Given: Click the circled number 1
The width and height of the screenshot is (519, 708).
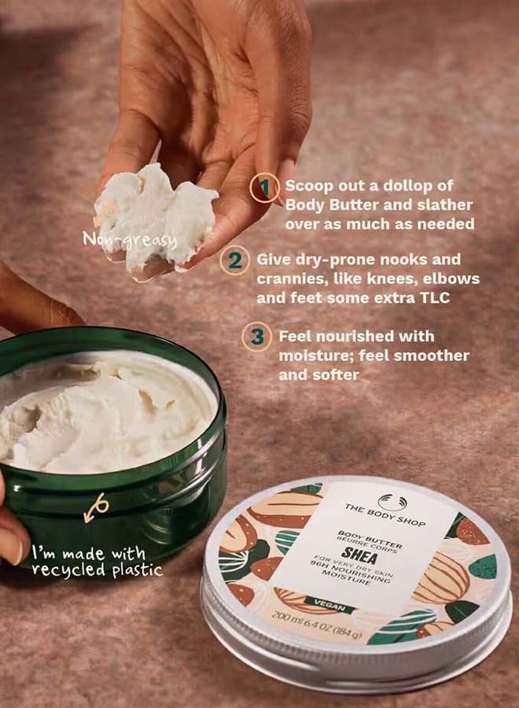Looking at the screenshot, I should [x=266, y=187].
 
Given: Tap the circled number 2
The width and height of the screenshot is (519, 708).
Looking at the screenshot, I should [x=234, y=260].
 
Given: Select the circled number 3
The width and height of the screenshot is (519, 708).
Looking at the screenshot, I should [x=256, y=337].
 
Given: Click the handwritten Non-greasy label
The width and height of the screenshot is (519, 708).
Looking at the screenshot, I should [x=130, y=238].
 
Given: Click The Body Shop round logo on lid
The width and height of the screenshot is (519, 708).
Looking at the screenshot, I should [x=388, y=501].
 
